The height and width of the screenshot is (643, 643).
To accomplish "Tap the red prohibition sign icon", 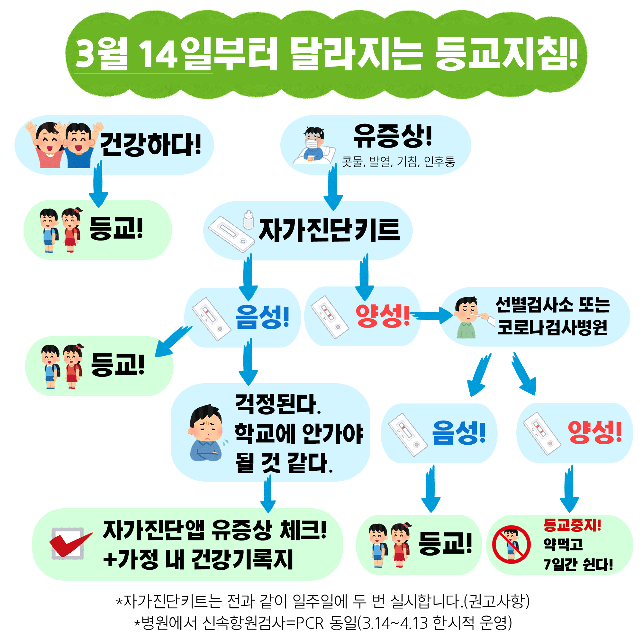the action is point(511,545).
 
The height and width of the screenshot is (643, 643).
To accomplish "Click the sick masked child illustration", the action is point(314,145).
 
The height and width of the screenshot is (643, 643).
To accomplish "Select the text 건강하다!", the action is point(151,144).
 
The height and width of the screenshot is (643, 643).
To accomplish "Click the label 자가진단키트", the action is point(330,230).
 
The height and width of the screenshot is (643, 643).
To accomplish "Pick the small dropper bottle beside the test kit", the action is point(249,219).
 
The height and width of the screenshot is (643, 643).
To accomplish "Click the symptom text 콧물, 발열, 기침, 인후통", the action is point(398,162).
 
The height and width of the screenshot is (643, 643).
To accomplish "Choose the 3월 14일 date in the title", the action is point(143,54).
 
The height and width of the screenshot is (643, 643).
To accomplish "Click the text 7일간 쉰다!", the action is point(578,565).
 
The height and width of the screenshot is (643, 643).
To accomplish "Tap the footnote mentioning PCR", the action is point(323,622).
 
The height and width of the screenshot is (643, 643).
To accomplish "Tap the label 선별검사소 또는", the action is point(552,304).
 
